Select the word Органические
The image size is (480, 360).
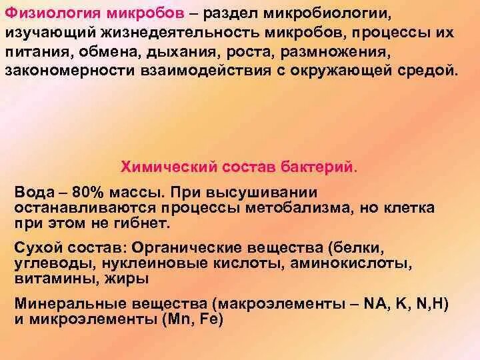point(180,248)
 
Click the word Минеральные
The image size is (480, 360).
point(63,304)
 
